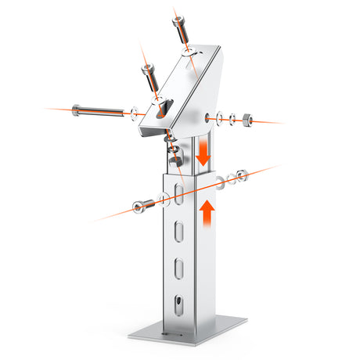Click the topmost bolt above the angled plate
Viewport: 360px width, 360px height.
tap(179, 30)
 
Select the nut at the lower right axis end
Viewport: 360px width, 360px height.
tap(243, 175)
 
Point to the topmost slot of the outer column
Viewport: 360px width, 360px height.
tap(180, 193)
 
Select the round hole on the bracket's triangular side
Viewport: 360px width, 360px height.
tap(209, 117)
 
